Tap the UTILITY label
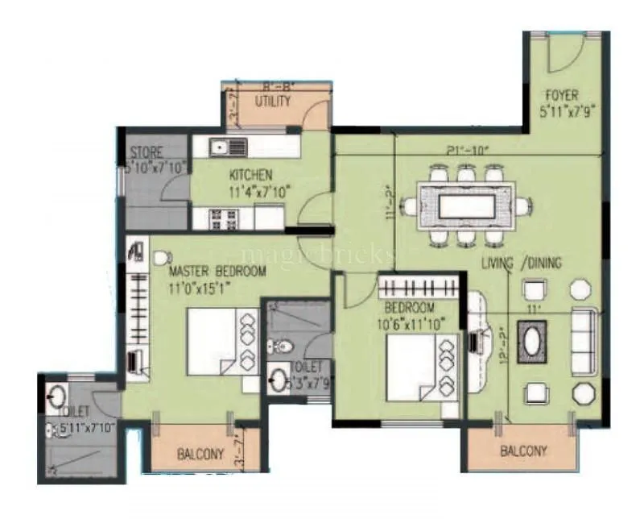pyautogui.click(x=273, y=102)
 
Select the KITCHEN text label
pyautogui.click(x=250, y=175)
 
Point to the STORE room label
pyautogui.click(x=147, y=152)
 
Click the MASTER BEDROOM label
pyautogui.click(x=217, y=272)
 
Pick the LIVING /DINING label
pyautogui.click(x=522, y=263)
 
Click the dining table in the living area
pyautogui.click(x=466, y=206)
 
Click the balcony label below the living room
pyautogui.click(x=522, y=451)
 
